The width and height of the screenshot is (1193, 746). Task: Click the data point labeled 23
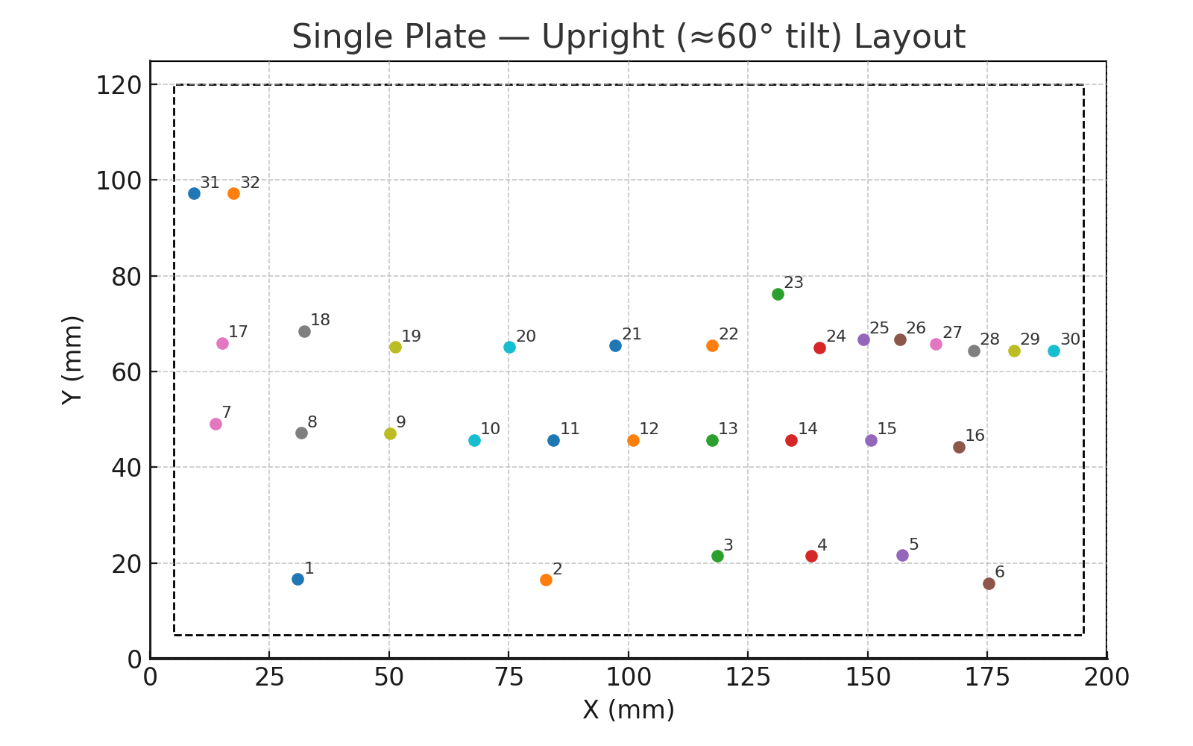(778, 294)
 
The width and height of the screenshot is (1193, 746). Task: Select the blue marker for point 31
(194, 193)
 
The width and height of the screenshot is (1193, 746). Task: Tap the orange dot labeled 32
(233, 193)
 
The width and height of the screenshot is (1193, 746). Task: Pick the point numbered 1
(298, 579)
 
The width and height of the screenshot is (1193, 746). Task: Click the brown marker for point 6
(989, 583)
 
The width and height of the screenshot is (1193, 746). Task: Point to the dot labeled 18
(304, 331)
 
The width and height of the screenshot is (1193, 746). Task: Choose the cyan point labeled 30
(1054, 351)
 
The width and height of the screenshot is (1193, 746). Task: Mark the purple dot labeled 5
(902, 555)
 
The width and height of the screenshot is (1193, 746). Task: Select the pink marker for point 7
(215, 424)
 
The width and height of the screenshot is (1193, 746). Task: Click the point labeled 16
(959, 447)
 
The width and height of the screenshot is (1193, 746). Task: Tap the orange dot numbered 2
(546, 580)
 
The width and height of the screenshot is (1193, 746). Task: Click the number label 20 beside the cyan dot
(526, 336)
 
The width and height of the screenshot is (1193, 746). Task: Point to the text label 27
(952, 333)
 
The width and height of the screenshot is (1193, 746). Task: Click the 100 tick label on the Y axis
(119, 181)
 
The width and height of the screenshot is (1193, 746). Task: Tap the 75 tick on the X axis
(509, 677)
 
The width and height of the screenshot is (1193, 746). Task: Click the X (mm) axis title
(628, 710)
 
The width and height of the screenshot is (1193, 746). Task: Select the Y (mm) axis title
(72, 360)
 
